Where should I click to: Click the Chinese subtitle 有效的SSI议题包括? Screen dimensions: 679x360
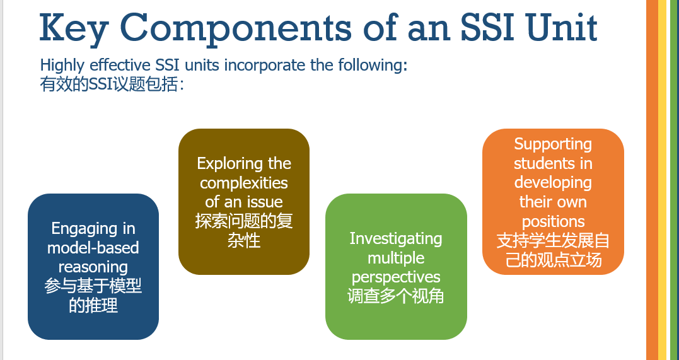(112, 84)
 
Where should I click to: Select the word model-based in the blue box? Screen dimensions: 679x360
(93, 248)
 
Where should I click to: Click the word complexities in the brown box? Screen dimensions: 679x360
(244, 183)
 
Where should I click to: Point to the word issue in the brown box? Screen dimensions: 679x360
(265, 202)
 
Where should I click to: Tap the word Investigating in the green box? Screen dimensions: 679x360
(396, 239)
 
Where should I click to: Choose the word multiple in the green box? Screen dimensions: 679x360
(396, 258)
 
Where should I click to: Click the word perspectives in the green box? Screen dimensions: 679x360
(396, 277)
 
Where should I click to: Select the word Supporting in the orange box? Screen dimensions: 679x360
(553, 144)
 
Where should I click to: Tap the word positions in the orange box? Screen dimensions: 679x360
(553, 222)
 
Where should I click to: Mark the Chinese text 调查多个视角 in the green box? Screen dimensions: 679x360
(396, 296)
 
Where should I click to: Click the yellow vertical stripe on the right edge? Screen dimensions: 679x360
(663, 180)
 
